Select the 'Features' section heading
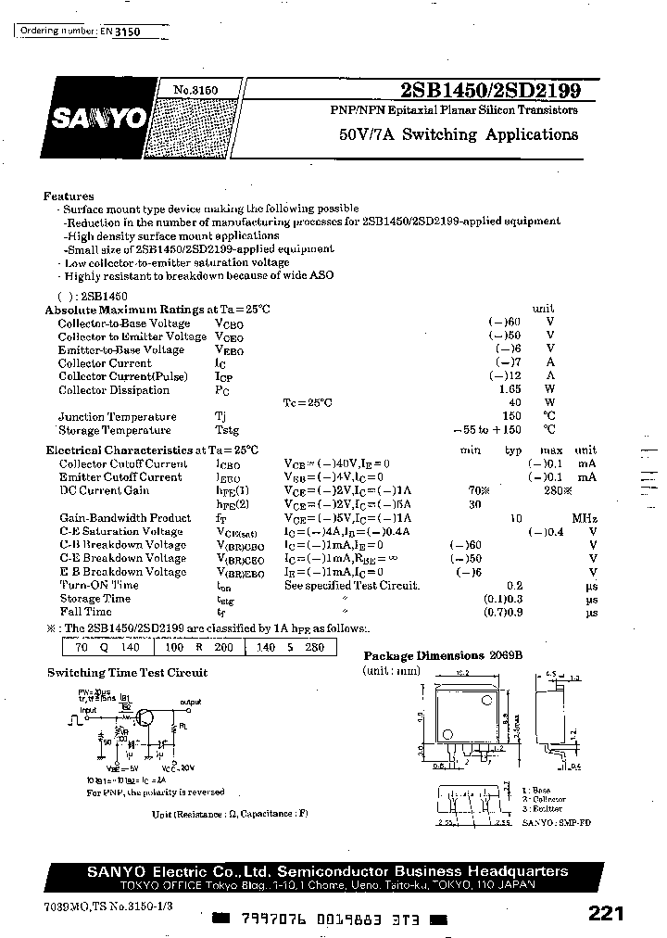(69, 196)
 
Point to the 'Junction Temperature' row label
(117, 417)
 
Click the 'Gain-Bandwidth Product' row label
(125, 518)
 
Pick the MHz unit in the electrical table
(585, 518)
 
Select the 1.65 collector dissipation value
(510, 390)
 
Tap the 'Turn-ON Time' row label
(99, 585)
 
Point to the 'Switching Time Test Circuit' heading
(128, 672)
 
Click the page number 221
(606, 913)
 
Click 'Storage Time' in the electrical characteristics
(94, 599)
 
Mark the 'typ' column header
(513, 450)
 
